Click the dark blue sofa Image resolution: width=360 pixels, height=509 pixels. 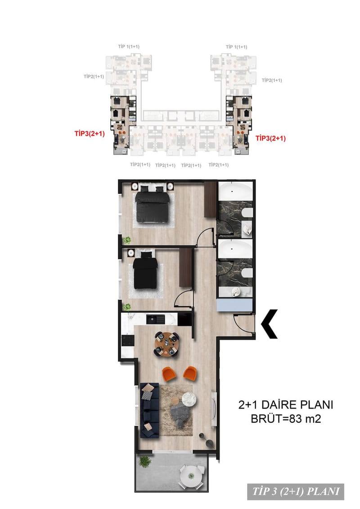coord(149,410)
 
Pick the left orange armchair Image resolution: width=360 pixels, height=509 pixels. coord(169,373)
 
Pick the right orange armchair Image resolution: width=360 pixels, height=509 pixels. coord(190,373)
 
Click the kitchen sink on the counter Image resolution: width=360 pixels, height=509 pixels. coord(156,320)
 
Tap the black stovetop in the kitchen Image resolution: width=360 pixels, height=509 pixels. coord(127,341)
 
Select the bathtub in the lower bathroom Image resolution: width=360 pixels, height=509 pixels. coord(235,249)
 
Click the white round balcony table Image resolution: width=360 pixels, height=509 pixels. coord(191,476)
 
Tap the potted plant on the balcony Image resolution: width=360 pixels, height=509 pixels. coord(144,461)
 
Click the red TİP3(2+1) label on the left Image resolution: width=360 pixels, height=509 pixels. coord(90,133)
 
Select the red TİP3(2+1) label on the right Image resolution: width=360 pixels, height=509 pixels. coord(270,138)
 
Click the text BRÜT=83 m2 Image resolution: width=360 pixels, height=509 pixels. coord(286,419)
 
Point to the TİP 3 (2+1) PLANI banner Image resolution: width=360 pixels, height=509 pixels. coord(295,491)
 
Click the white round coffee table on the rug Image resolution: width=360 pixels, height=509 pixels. coord(189,399)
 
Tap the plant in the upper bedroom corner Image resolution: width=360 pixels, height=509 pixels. coord(126,240)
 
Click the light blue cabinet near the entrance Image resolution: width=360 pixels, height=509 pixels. coord(234,305)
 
